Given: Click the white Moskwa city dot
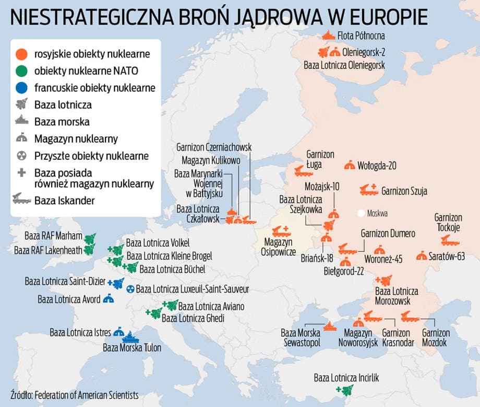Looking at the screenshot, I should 361,213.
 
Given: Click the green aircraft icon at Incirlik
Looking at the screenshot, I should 345,389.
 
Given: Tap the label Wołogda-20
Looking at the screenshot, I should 377,166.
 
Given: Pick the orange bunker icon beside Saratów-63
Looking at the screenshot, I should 421,255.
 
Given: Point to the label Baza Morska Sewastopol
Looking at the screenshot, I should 300,337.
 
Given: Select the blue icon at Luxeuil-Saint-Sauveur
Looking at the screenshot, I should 130,289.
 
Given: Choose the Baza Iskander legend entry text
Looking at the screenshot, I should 65,200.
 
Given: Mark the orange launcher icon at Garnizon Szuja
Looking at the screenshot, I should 368,190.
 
